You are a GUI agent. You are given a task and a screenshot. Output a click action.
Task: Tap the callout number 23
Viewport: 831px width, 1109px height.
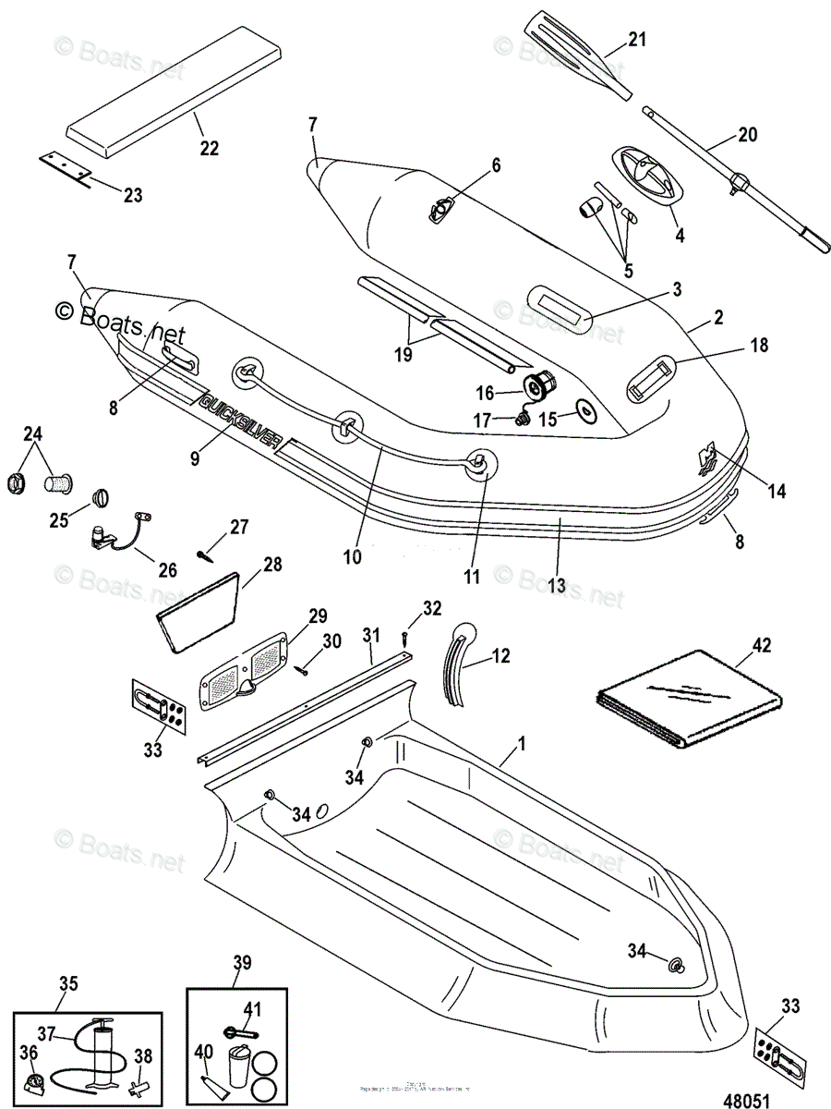(x=133, y=195)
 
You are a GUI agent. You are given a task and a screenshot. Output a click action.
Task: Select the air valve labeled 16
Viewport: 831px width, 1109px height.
(x=537, y=383)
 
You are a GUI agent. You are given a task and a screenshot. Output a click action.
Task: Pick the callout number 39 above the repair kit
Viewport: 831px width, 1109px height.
(x=243, y=962)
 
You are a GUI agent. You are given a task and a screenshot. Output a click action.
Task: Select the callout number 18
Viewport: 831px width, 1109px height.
(x=759, y=346)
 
